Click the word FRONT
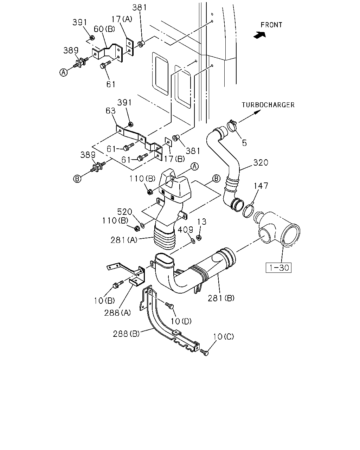pyautogui.click(x=271, y=25)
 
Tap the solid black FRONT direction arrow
pyautogui.click(x=259, y=35)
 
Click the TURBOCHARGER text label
pyautogui.click(x=268, y=105)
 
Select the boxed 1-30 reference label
pyautogui.click(x=278, y=268)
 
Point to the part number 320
pyautogui.click(x=261, y=162)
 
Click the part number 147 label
pyautogui.click(x=261, y=186)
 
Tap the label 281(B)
pyautogui.click(x=221, y=298)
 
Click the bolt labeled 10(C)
pyautogui.click(x=204, y=352)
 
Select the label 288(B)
pyautogui.click(x=126, y=334)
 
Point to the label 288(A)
pyautogui.click(x=117, y=313)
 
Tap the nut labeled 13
pyautogui.click(x=199, y=238)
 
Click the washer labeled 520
pyautogui.click(x=142, y=226)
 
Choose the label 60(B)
pyautogui.click(x=104, y=29)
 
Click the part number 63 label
pyautogui.click(x=110, y=111)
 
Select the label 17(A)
pyautogui.click(x=122, y=19)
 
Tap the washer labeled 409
pyautogui.click(x=193, y=242)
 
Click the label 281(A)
pyautogui.click(x=124, y=240)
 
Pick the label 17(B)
pyautogui.click(x=174, y=159)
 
